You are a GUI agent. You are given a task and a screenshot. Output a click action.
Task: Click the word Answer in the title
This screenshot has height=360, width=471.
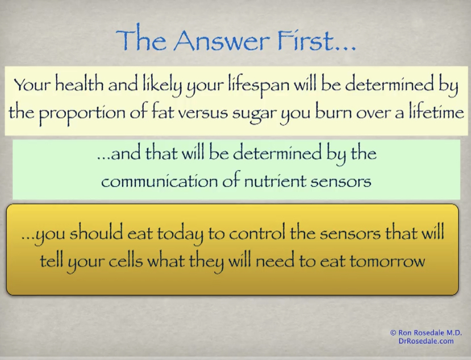pyautogui.click(x=220, y=40)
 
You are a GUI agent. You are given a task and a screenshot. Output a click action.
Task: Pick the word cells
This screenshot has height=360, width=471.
pyautogui.click(x=125, y=261)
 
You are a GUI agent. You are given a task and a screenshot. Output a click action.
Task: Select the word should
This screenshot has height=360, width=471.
pyautogui.click(x=96, y=233)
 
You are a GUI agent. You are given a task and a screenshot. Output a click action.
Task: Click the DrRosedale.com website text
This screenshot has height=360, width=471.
pyautogui.click(x=426, y=341)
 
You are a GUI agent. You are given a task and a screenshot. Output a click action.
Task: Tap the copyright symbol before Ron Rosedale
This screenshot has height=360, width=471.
pyautogui.click(x=393, y=333)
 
